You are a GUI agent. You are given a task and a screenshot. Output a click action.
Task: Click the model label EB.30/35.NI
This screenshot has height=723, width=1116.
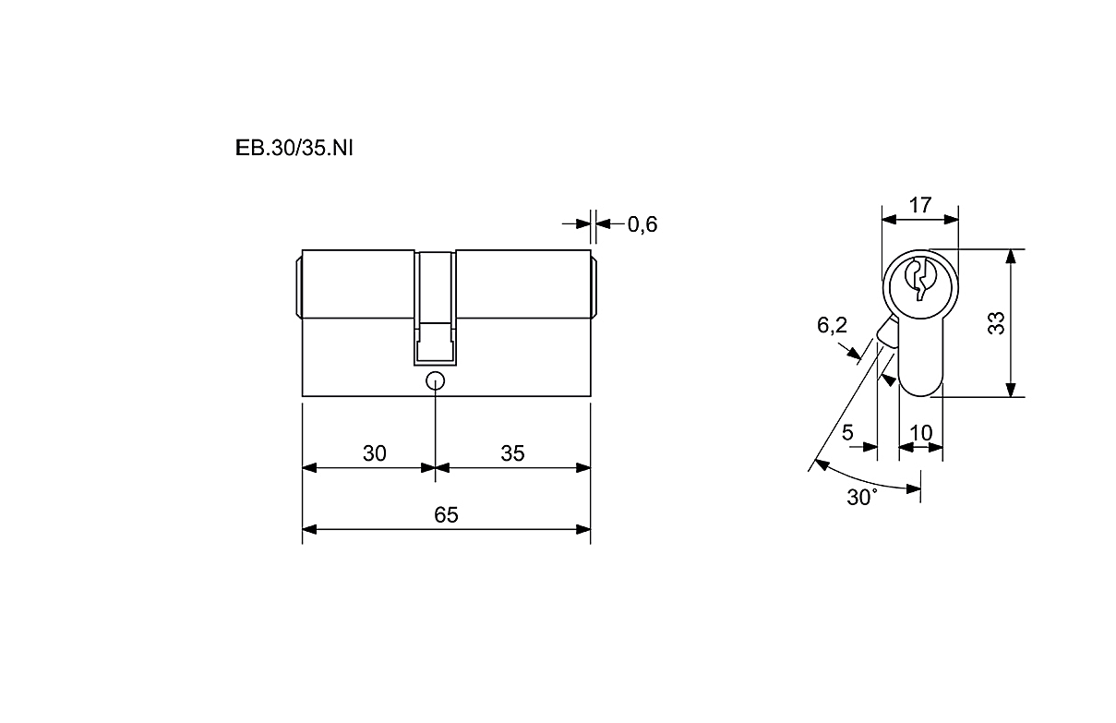point(294,149)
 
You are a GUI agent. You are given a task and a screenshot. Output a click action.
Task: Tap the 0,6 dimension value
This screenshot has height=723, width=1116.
point(642,224)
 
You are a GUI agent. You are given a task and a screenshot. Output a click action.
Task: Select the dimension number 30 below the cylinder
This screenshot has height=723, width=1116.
point(374,453)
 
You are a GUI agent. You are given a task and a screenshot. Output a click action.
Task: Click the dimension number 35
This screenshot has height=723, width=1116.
point(512,453)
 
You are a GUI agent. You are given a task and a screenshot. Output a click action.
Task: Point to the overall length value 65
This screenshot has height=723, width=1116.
point(446,514)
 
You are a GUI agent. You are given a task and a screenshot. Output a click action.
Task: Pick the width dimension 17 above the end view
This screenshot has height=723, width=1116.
point(919,205)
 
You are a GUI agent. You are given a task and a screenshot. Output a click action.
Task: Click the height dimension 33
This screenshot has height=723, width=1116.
point(996,323)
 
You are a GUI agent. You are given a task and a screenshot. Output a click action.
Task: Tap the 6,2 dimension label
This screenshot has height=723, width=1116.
point(832,325)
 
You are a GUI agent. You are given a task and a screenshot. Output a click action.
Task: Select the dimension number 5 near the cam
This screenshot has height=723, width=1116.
point(847,432)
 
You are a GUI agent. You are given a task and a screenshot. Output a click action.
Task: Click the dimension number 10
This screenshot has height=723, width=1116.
point(920,433)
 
